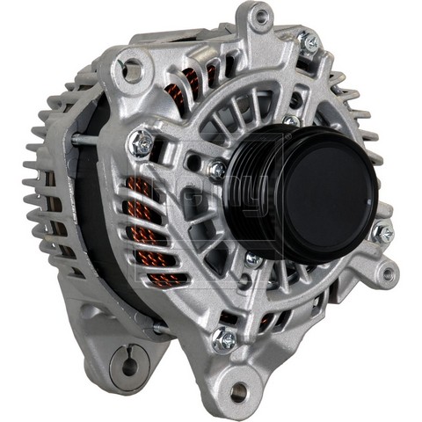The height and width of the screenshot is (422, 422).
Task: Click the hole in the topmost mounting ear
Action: pos(259,16)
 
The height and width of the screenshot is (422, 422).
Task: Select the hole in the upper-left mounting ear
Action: pos(133,64)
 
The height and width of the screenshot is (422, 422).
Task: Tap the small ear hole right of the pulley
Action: pos(388,273)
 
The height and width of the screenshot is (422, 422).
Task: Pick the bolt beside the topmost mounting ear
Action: pos(308,40)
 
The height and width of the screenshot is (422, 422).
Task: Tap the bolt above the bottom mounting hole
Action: pos(225,338)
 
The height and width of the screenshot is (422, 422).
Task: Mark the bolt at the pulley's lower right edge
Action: pos(382,233)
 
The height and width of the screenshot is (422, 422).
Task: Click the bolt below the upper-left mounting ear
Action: pos(142,141)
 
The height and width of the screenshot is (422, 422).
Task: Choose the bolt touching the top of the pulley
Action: pos(291,122)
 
